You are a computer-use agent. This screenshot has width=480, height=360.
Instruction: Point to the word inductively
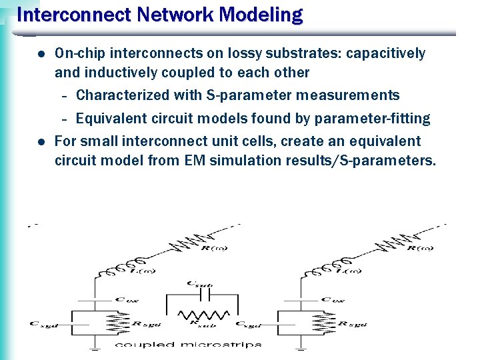pos(117,72)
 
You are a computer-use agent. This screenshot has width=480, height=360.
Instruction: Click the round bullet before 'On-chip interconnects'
pos(41,53)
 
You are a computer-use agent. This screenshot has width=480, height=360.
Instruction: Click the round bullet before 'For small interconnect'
pos(41,141)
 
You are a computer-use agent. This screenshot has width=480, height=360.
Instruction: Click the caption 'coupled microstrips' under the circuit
pos(188,345)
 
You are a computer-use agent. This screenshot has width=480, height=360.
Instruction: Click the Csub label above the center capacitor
pos(199,285)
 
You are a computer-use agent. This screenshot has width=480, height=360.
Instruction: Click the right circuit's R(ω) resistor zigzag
pos(399,243)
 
